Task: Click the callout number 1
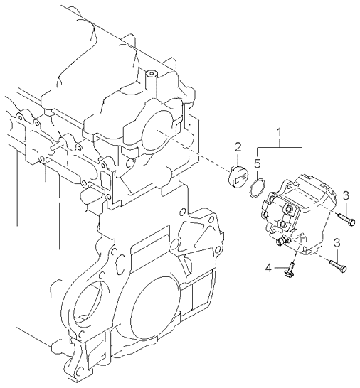[279, 133]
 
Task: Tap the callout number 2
[238, 148]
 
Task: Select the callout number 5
[257, 164]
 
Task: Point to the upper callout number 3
[346, 195]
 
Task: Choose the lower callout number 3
[337, 244]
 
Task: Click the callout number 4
[268, 268]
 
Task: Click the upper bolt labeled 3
[346, 220]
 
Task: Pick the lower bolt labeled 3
[338, 266]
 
